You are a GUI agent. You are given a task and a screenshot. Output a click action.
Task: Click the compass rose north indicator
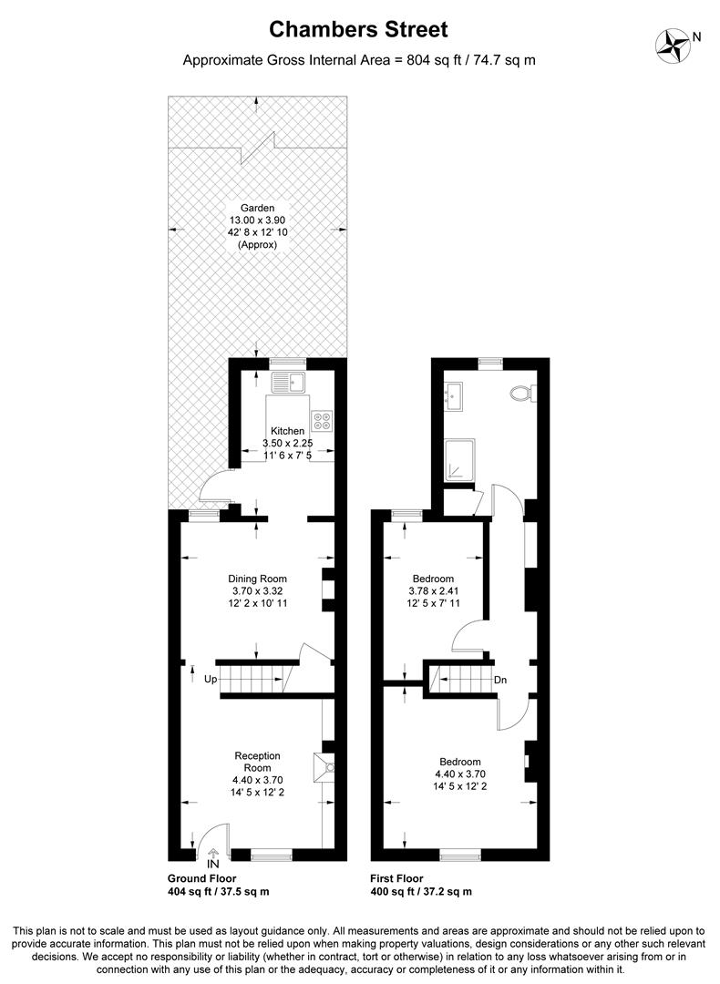674,43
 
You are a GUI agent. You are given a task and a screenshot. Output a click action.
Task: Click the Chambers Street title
359,30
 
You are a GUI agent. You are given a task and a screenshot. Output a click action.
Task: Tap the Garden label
257,208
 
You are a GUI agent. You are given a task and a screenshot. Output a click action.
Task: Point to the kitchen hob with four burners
323,420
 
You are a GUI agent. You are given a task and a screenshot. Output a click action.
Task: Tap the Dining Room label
257,579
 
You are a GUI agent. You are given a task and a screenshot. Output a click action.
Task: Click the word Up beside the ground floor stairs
210,679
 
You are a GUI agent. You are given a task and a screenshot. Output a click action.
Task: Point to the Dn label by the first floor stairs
500,680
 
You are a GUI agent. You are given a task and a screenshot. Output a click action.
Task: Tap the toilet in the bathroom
523,393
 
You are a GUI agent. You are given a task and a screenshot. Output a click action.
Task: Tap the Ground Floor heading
202,878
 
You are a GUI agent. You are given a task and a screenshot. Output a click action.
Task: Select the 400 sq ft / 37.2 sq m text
420,892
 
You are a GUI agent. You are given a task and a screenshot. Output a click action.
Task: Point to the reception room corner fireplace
325,767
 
